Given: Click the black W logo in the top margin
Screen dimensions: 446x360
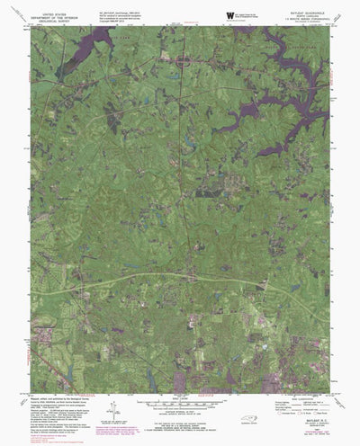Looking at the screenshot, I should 232,13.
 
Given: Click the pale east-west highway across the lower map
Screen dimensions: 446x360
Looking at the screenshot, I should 162,281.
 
